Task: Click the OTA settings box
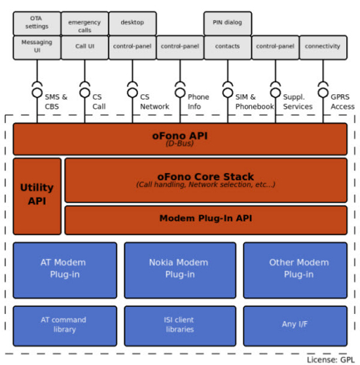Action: point(37,24)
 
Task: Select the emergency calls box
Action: point(84,24)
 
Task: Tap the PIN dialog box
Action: point(228,24)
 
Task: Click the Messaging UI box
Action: point(37,47)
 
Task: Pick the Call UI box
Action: point(84,47)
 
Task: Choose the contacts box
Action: point(228,47)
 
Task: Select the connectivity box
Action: point(323,47)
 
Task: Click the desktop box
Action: point(133,24)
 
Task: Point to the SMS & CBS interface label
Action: point(56,102)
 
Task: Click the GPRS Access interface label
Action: point(342,102)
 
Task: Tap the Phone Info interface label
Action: point(198,102)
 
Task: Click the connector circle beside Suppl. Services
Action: point(276,92)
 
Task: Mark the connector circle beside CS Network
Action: point(133,92)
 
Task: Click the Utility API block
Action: point(37,196)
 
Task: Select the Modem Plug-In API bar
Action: point(206,220)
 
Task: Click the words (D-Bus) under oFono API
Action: point(180,144)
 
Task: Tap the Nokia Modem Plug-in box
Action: point(180,270)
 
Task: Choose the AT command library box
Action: point(65,326)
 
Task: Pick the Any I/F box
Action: point(295,326)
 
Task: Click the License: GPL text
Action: point(331,360)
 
